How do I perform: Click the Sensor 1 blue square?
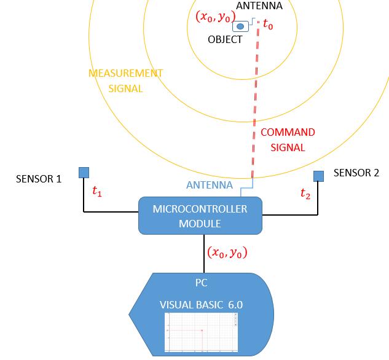coord(84,172)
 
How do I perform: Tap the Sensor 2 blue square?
coord(318,176)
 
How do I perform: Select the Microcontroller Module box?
coord(200,216)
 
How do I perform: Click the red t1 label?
coord(96,191)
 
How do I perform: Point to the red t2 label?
coord(305,194)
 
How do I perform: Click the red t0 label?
coord(268,25)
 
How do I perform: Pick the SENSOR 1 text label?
coord(39,179)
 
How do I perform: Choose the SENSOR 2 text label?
coord(356,173)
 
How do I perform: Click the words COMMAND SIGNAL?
coord(288,139)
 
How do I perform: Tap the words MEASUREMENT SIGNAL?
coord(126,80)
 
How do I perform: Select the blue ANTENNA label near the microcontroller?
coord(210,185)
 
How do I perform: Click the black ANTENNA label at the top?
coord(259,6)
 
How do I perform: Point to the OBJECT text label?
coord(225,40)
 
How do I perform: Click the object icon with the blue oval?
coord(240,26)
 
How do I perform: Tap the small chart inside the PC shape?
coord(202,332)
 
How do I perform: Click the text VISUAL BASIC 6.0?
coord(202,305)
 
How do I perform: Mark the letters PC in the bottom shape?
coord(201,283)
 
